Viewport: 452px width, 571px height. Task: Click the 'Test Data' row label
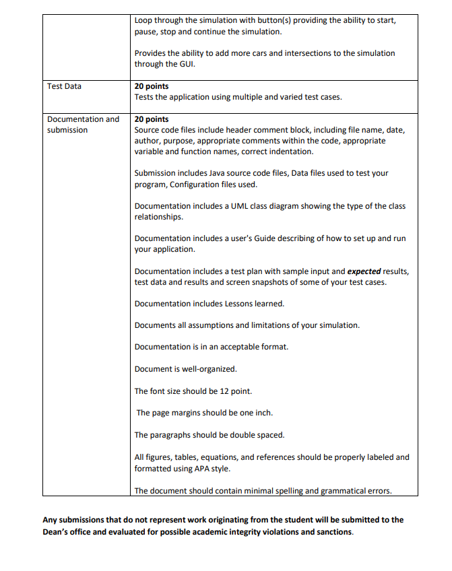pyautogui.click(x=64, y=86)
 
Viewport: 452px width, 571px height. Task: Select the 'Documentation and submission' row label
pyautogui.click(x=82, y=125)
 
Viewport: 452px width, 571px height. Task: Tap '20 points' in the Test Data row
pyautogui.click(x=152, y=86)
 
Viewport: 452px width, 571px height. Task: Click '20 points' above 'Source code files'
pyautogui.click(x=152, y=119)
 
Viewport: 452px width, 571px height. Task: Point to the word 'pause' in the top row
pyautogui.click(x=146, y=32)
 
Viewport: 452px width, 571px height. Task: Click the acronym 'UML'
pyautogui.click(x=218, y=206)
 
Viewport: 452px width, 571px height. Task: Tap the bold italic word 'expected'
pyautogui.click(x=364, y=271)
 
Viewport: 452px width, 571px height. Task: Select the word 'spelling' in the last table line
pyautogui.click(x=291, y=491)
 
